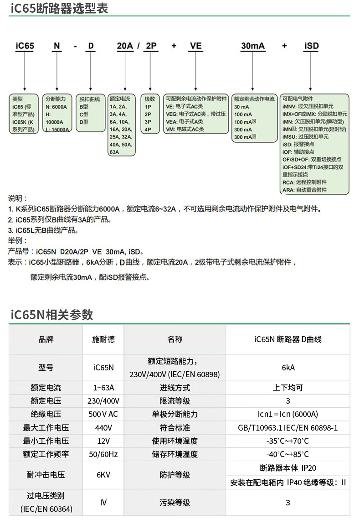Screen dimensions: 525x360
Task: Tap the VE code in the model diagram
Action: tap(195, 46)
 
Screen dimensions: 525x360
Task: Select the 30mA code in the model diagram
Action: tap(252, 46)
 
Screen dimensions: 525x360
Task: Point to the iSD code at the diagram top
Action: tap(311, 46)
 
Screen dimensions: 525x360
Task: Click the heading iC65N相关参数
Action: tap(51, 315)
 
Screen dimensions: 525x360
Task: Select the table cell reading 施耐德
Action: tap(103, 339)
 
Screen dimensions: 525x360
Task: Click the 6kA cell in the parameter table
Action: tap(288, 368)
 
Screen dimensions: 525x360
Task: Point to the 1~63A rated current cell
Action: tap(103, 388)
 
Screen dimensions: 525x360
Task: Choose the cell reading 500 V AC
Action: tap(103, 414)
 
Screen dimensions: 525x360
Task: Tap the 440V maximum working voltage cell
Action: tap(103, 428)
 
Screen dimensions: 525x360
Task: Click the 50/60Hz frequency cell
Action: tap(103, 454)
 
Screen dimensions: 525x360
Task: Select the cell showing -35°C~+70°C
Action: tap(288, 441)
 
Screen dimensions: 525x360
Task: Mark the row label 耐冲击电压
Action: tap(46, 475)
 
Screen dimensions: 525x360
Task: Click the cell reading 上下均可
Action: tap(288, 388)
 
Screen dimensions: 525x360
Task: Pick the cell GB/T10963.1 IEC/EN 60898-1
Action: tap(288, 428)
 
